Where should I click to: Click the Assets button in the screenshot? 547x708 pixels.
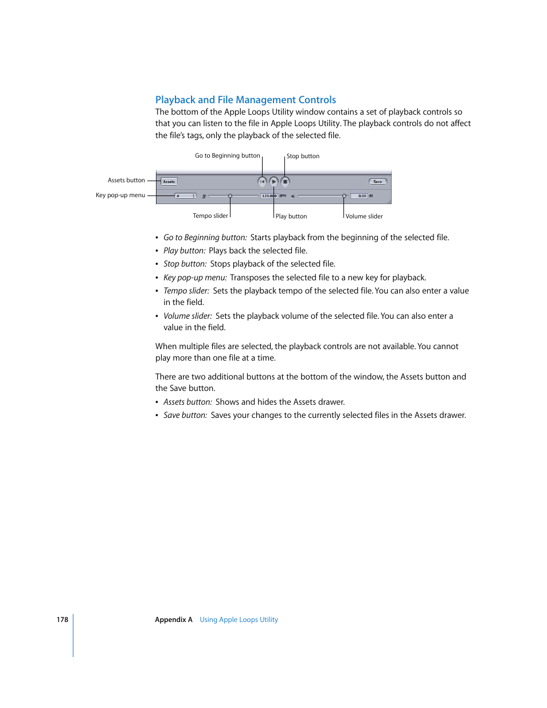169,182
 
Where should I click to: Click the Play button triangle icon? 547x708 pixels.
273,182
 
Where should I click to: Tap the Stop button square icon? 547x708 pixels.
285,182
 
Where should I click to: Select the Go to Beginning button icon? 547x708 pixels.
262,182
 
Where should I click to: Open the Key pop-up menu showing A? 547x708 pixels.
185,196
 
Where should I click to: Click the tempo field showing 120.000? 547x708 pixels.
268,196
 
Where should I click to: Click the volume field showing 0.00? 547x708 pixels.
359,196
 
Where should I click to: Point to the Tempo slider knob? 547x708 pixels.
230,196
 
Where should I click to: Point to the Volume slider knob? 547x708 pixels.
344,196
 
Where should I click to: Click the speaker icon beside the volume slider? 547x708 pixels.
292,196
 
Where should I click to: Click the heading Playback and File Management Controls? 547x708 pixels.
245,100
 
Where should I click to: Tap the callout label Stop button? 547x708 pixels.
303,156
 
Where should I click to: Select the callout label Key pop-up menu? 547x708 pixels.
120,195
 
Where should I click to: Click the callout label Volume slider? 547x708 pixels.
364,216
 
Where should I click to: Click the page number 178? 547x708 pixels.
62,620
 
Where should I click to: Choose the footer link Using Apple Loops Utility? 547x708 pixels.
239,620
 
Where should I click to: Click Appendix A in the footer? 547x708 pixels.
173,620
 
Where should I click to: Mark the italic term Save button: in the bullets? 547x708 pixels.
185,415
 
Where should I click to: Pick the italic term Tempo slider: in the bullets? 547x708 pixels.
186,291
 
